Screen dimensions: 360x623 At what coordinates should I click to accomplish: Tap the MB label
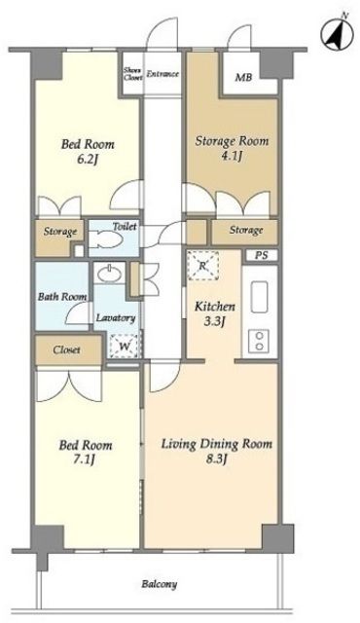243,77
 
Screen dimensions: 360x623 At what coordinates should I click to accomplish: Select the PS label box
261,255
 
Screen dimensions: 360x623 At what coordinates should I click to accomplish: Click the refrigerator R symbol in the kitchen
202,266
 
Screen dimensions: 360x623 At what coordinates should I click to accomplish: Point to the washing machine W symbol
125,347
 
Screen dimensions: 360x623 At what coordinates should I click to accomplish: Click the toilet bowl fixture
105,240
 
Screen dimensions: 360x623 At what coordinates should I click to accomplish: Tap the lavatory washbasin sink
110,275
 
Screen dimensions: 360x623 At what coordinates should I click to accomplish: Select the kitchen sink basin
260,297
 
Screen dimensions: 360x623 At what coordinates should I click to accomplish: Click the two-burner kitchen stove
259,342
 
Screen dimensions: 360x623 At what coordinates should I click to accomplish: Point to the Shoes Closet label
132,74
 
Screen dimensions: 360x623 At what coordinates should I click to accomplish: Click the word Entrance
162,74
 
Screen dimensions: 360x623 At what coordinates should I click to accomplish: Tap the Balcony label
160,584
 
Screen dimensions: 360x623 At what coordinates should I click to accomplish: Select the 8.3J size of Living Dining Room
216,459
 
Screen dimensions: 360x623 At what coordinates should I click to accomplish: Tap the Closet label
67,349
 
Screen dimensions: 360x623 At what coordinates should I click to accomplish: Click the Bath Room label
62,296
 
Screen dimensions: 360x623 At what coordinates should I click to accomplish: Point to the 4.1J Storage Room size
232,157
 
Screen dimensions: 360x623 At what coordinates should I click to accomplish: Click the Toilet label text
125,227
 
